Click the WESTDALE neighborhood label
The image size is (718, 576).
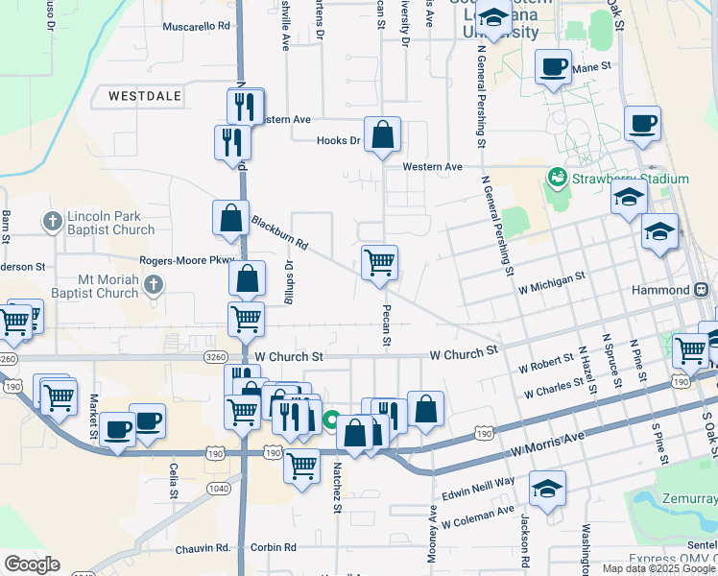click(145, 96)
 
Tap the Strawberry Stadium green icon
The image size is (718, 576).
click(556, 179)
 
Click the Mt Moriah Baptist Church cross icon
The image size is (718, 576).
click(158, 285)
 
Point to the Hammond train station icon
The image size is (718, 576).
click(703, 289)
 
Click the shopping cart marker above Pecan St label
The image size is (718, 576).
click(380, 261)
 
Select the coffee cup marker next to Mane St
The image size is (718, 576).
click(553, 67)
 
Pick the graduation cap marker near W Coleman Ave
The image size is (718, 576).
click(547, 488)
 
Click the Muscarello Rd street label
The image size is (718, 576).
click(197, 27)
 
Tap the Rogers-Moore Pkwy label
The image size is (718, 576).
click(186, 260)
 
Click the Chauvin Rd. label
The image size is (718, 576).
click(203, 549)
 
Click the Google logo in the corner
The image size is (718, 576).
click(32, 564)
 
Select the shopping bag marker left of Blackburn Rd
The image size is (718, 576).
click(231, 218)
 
